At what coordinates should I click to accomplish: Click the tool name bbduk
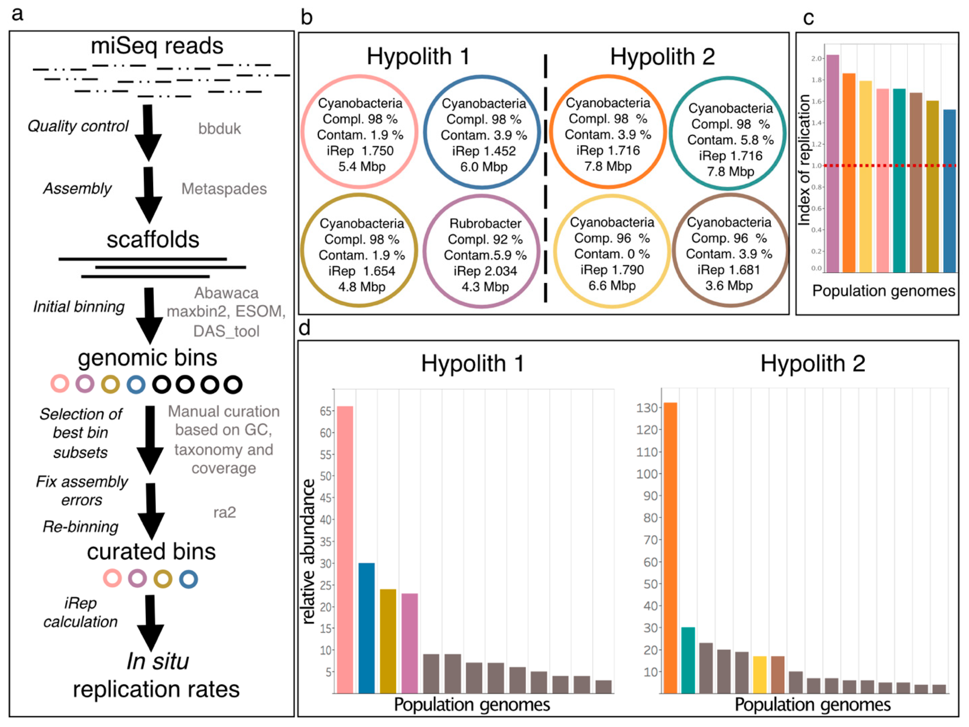[219, 129]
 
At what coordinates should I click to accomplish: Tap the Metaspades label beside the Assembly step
[224, 189]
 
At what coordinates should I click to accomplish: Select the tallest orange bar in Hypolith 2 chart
[670, 547]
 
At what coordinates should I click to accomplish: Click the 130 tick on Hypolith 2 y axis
[647, 408]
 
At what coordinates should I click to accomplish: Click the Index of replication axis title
[804, 160]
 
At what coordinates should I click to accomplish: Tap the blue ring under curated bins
[188, 579]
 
